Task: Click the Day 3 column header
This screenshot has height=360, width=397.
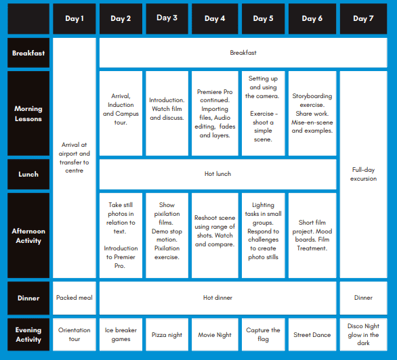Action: click(x=167, y=18)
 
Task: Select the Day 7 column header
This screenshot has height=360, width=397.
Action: click(x=363, y=18)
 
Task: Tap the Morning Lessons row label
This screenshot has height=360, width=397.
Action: click(x=28, y=113)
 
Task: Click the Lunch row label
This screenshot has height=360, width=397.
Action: click(x=28, y=174)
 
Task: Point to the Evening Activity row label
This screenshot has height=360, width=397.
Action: click(x=28, y=334)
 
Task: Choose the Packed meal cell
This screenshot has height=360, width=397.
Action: click(x=75, y=298)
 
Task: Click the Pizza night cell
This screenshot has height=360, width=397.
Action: click(x=167, y=334)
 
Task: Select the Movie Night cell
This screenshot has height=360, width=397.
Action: click(x=215, y=334)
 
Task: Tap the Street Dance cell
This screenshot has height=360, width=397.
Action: click(x=312, y=334)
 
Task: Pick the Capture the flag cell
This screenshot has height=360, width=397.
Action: click(x=263, y=334)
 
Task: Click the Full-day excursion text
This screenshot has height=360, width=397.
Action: click(x=363, y=174)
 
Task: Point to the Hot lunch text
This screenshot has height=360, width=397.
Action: click(x=217, y=174)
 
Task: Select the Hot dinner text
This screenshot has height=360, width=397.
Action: click(x=217, y=298)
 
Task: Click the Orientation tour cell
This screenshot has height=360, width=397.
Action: click(x=75, y=334)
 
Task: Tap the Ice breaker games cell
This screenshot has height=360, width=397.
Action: click(x=121, y=334)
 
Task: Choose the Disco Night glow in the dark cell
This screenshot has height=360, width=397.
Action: click(x=363, y=334)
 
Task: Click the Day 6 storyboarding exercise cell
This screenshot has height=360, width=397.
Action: click(x=312, y=113)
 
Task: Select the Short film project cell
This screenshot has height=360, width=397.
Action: click(x=312, y=235)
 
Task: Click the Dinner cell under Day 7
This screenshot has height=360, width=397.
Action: click(x=363, y=298)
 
